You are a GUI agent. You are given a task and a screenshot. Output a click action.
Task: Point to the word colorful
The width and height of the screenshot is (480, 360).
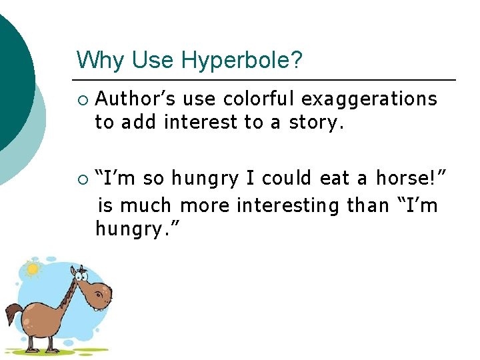[x=259, y=99]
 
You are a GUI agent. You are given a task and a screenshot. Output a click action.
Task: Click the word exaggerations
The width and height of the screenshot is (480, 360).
[x=369, y=99]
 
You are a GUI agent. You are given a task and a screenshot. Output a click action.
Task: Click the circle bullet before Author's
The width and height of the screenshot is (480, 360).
[x=81, y=99]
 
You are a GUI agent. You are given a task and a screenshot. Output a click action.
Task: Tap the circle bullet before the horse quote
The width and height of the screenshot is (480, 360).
[x=81, y=179]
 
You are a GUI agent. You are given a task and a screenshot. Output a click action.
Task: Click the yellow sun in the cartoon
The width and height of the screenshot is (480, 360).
[x=31, y=269]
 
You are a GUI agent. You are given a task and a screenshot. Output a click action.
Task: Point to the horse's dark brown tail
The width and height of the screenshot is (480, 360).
[x=14, y=311]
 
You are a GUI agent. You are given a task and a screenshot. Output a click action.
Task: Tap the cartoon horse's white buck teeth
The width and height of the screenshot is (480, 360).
[x=98, y=308]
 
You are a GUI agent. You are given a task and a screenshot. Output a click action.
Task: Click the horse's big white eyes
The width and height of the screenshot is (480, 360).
[x=81, y=272]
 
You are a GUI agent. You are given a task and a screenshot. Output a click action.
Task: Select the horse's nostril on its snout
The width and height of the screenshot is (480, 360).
[x=107, y=291]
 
